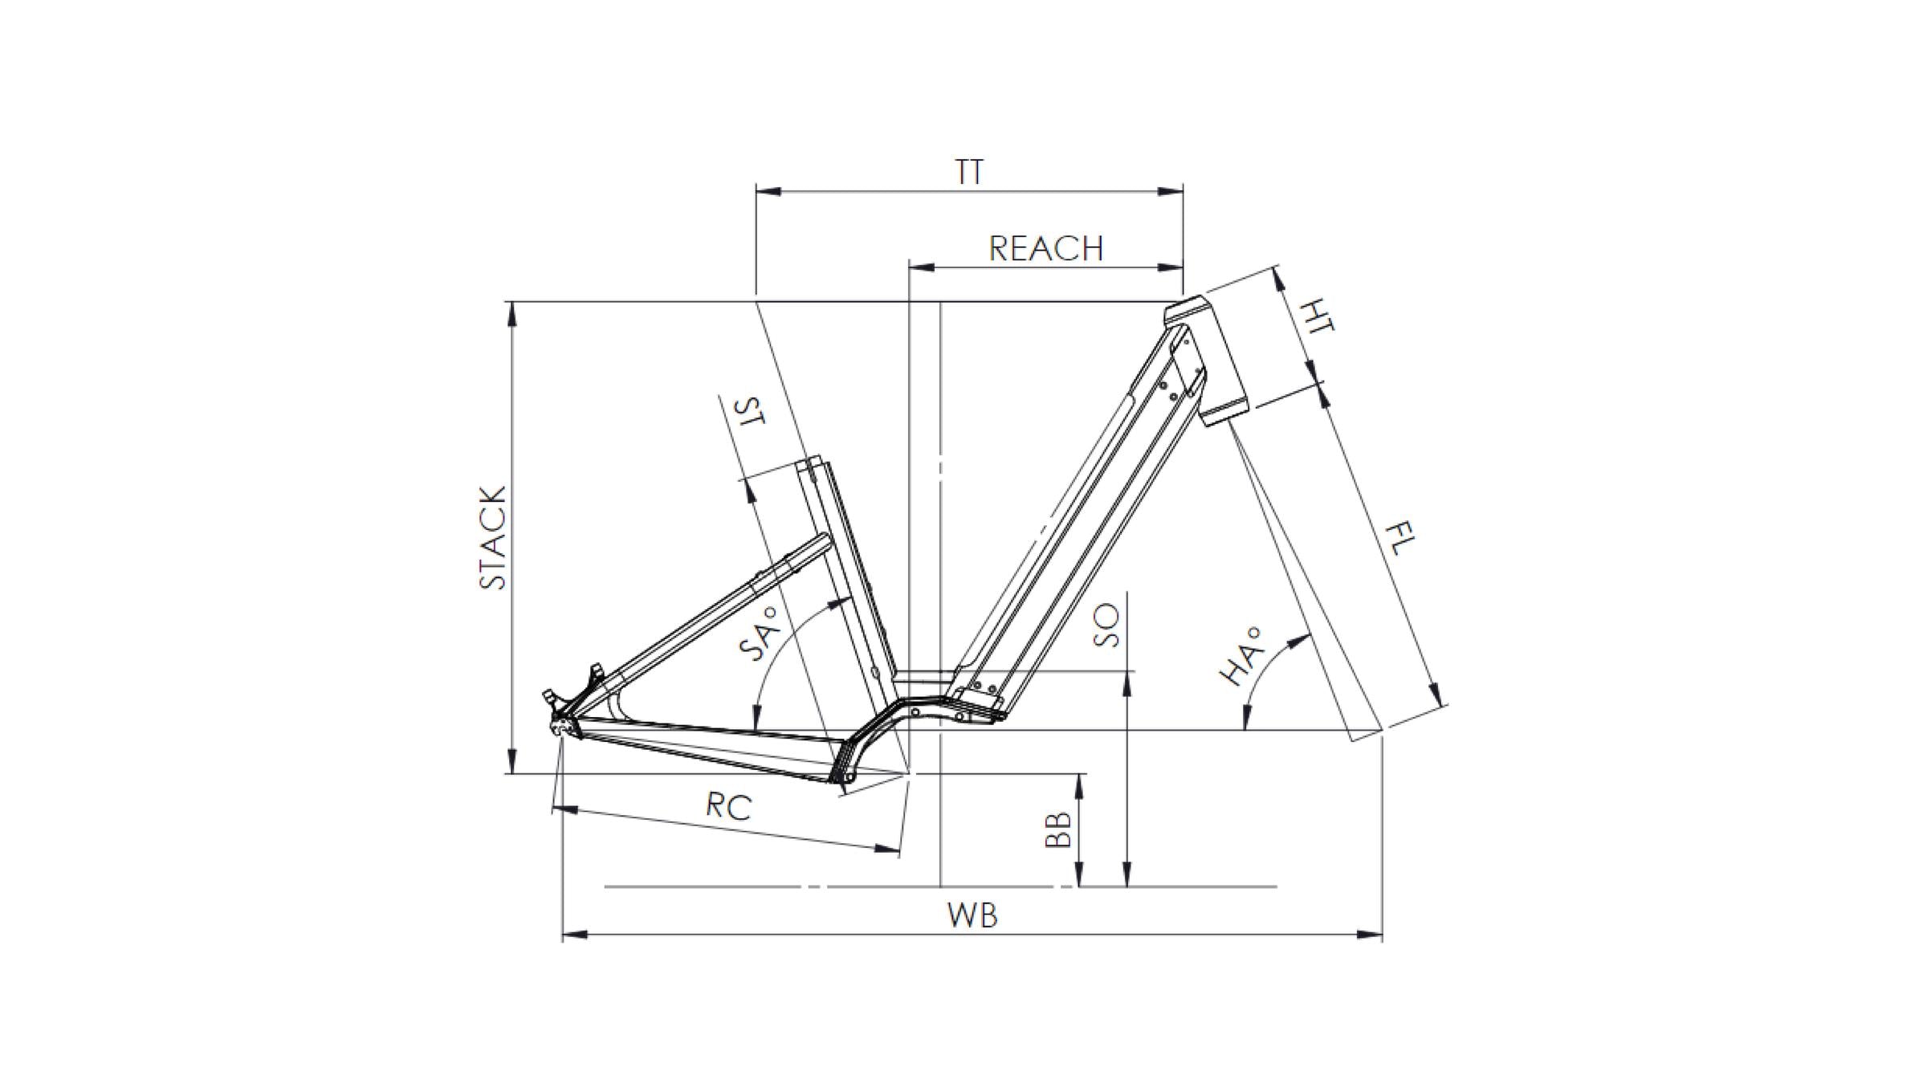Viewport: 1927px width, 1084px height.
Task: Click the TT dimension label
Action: [969, 172]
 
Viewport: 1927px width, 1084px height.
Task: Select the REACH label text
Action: [1045, 248]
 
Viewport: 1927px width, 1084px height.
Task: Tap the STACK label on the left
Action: [493, 537]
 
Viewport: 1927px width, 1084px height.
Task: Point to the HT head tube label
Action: [1317, 315]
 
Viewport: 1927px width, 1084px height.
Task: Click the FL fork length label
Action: [1400, 539]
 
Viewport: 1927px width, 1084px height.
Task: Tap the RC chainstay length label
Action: [729, 805]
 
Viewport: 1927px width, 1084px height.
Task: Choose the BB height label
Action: [1058, 829]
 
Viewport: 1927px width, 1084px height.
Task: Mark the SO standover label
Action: [1106, 626]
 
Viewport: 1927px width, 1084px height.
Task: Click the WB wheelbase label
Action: [972, 915]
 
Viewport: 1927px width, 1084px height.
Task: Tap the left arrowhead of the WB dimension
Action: [572, 935]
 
